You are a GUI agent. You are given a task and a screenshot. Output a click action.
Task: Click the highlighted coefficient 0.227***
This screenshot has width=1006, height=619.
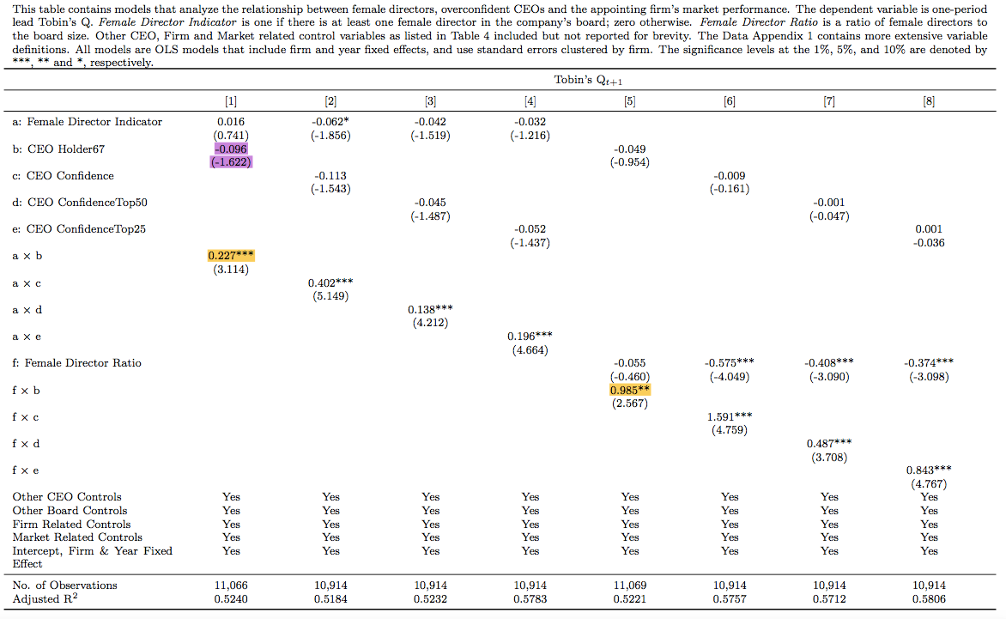click(231, 256)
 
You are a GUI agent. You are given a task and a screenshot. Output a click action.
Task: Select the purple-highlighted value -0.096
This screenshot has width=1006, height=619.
click(231, 149)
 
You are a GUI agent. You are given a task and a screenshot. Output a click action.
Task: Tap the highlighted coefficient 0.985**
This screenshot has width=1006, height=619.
click(630, 390)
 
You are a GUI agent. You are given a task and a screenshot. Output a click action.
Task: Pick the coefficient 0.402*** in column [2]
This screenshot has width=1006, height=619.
click(330, 282)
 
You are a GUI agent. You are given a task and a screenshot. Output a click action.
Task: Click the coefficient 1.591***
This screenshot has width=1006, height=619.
click(730, 417)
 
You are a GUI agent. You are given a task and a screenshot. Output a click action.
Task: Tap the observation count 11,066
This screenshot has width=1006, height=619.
click(231, 586)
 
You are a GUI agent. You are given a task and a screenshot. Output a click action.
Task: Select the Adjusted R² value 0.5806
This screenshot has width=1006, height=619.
click(929, 598)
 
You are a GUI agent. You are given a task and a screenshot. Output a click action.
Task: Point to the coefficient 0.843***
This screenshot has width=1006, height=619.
click(929, 470)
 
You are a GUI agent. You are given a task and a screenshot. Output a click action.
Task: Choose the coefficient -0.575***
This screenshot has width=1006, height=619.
click(730, 363)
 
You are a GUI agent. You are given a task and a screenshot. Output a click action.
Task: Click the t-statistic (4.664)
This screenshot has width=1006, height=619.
click(530, 349)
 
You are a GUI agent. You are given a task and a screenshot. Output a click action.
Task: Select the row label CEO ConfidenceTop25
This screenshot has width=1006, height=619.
click(79, 229)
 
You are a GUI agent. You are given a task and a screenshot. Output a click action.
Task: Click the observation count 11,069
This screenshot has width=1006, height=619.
click(630, 586)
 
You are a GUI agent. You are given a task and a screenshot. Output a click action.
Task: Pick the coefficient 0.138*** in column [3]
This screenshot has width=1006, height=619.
click(430, 309)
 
